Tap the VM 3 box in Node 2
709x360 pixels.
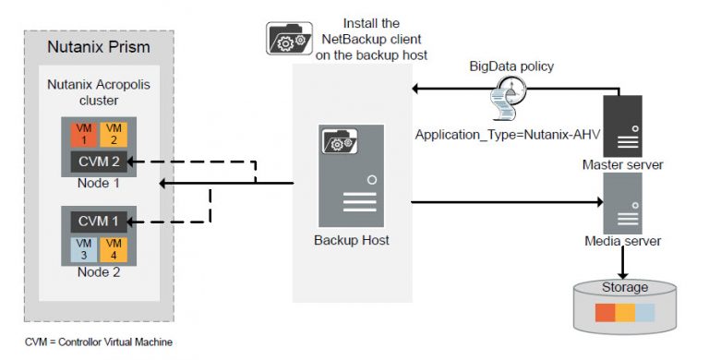pyautogui.click(x=80, y=248)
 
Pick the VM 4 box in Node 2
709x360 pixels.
pyautogui.click(x=113, y=248)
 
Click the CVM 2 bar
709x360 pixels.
pyautogui.click(x=97, y=162)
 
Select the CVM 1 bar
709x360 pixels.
pyautogui.click(x=97, y=222)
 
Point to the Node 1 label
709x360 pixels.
pyautogui.click(x=97, y=182)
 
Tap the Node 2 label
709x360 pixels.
pyautogui.click(x=97, y=272)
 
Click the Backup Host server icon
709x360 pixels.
pyautogui.click(x=351, y=175)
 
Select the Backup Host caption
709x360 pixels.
pyautogui.click(x=351, y=240)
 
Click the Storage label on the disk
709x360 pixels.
pyautogui.click(x=625, y=287)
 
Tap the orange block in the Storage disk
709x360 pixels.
pyautogui.click(x=605, y=311)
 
